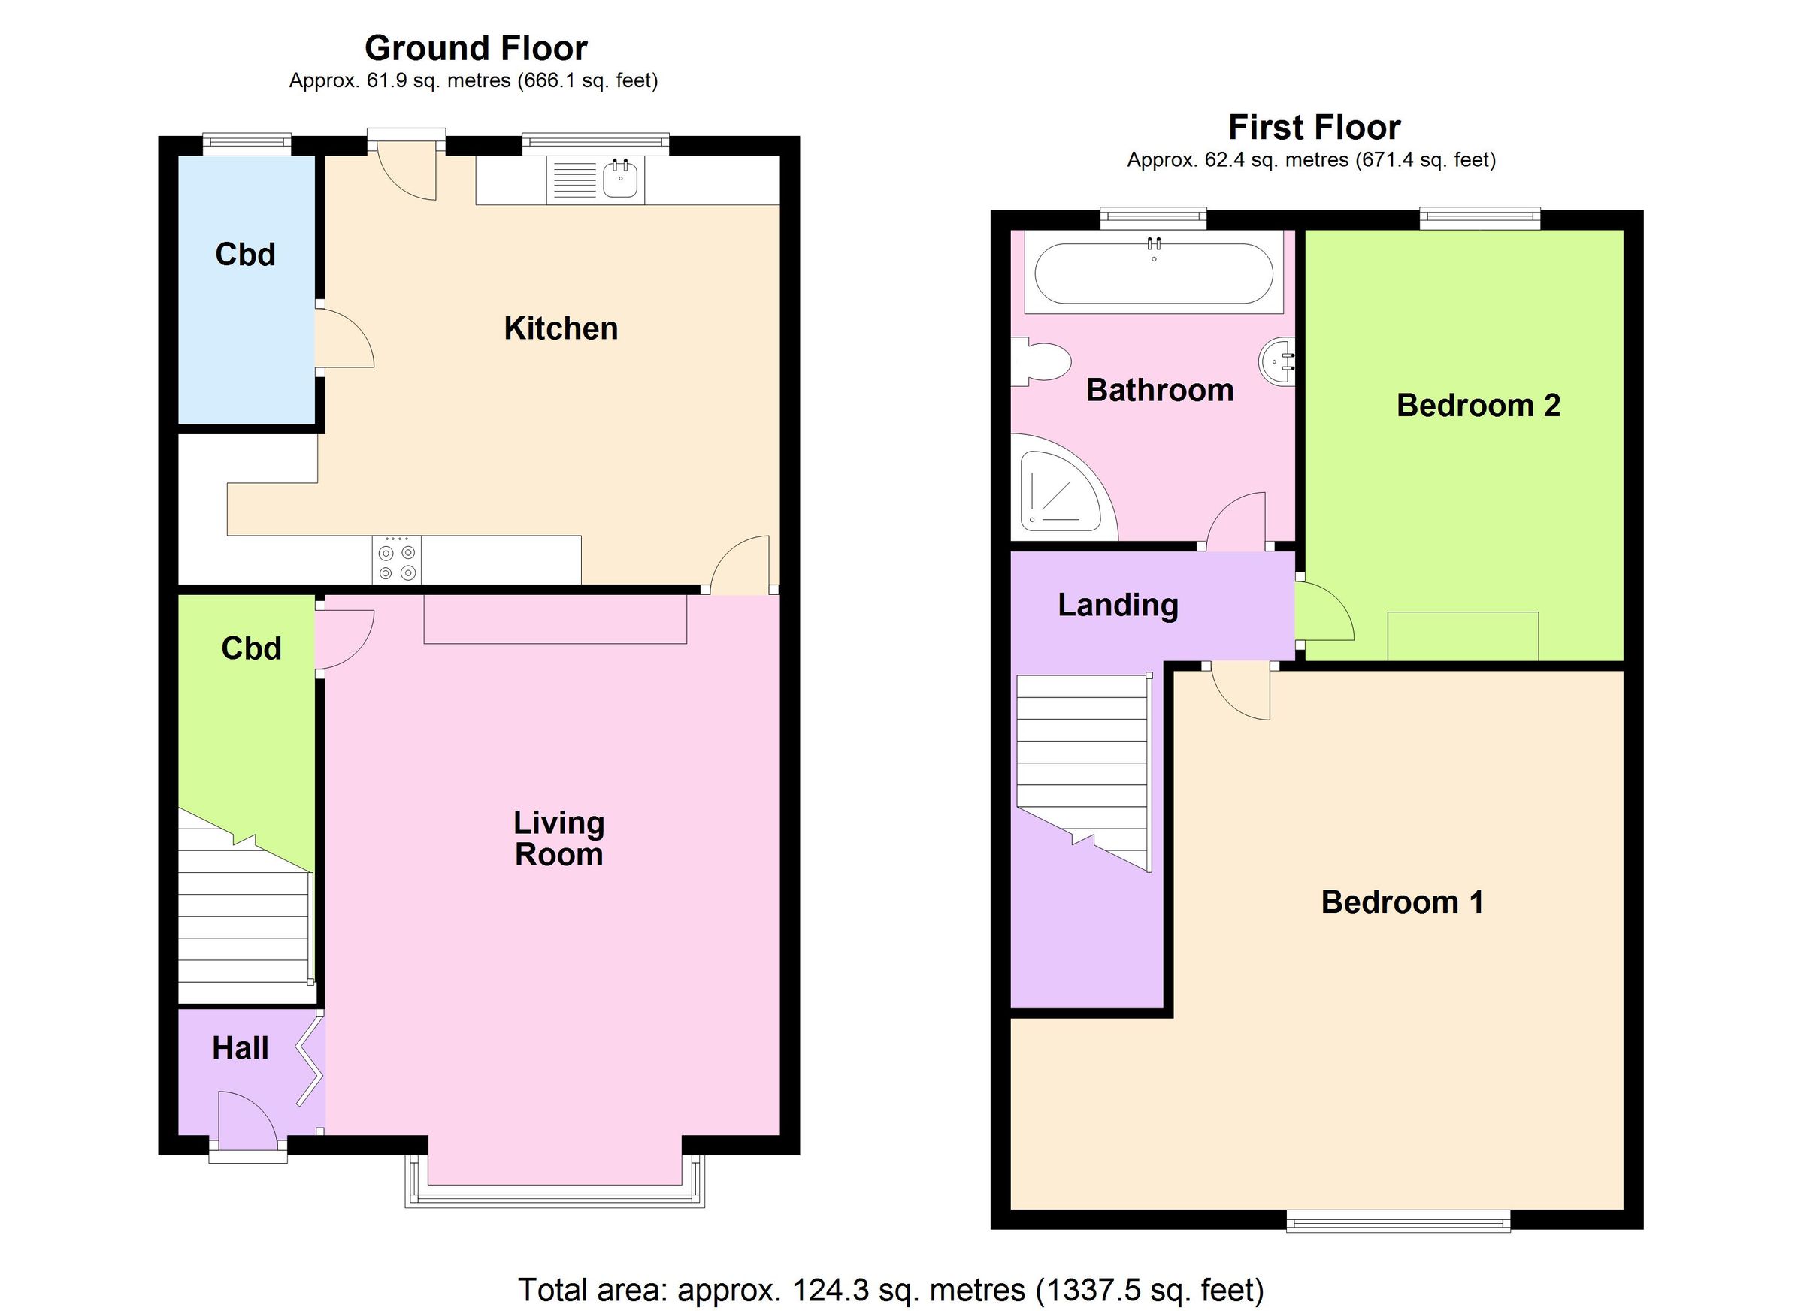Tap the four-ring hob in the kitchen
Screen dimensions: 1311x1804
(397, 561)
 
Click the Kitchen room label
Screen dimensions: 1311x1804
(561, 328)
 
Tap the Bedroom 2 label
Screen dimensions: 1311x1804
(1478, 406)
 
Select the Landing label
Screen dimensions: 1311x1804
(1118, 605)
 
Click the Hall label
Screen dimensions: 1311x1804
(241, 1048)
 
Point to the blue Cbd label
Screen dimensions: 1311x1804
(245, 255)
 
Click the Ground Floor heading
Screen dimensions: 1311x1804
(476, 49)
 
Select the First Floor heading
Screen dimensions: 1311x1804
(1314, 127)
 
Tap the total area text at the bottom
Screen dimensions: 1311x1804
(891, 1289)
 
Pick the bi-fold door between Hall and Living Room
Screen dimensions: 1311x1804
(310, 1062)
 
